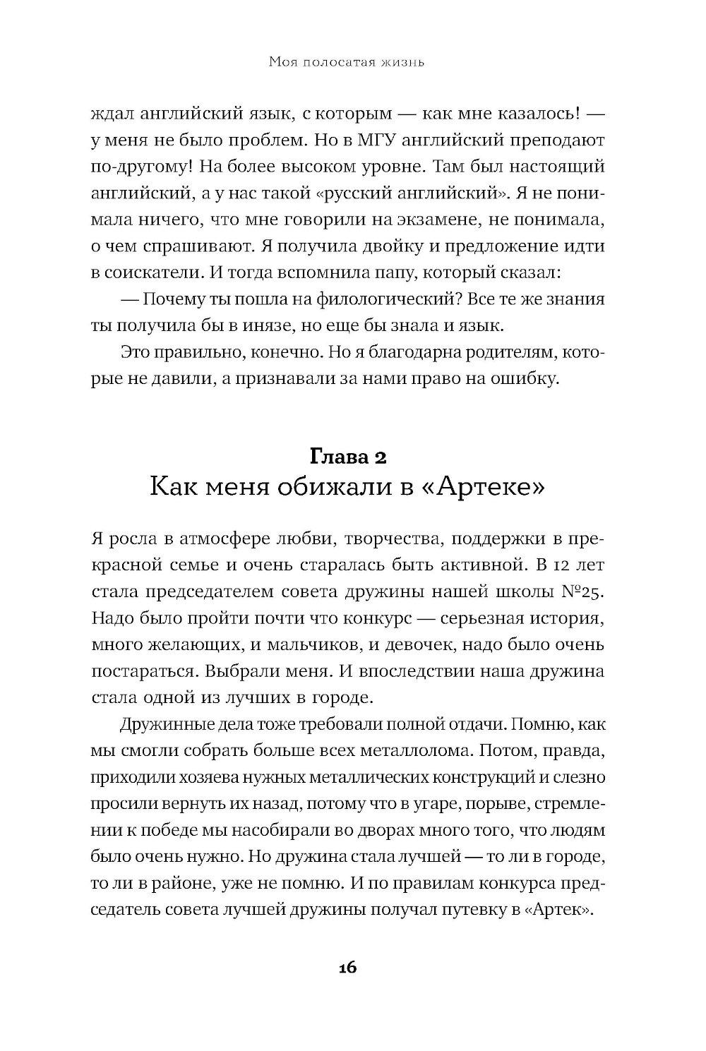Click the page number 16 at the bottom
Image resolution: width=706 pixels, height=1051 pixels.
point(347,966)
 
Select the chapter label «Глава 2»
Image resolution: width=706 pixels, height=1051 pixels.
point(347,457)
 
